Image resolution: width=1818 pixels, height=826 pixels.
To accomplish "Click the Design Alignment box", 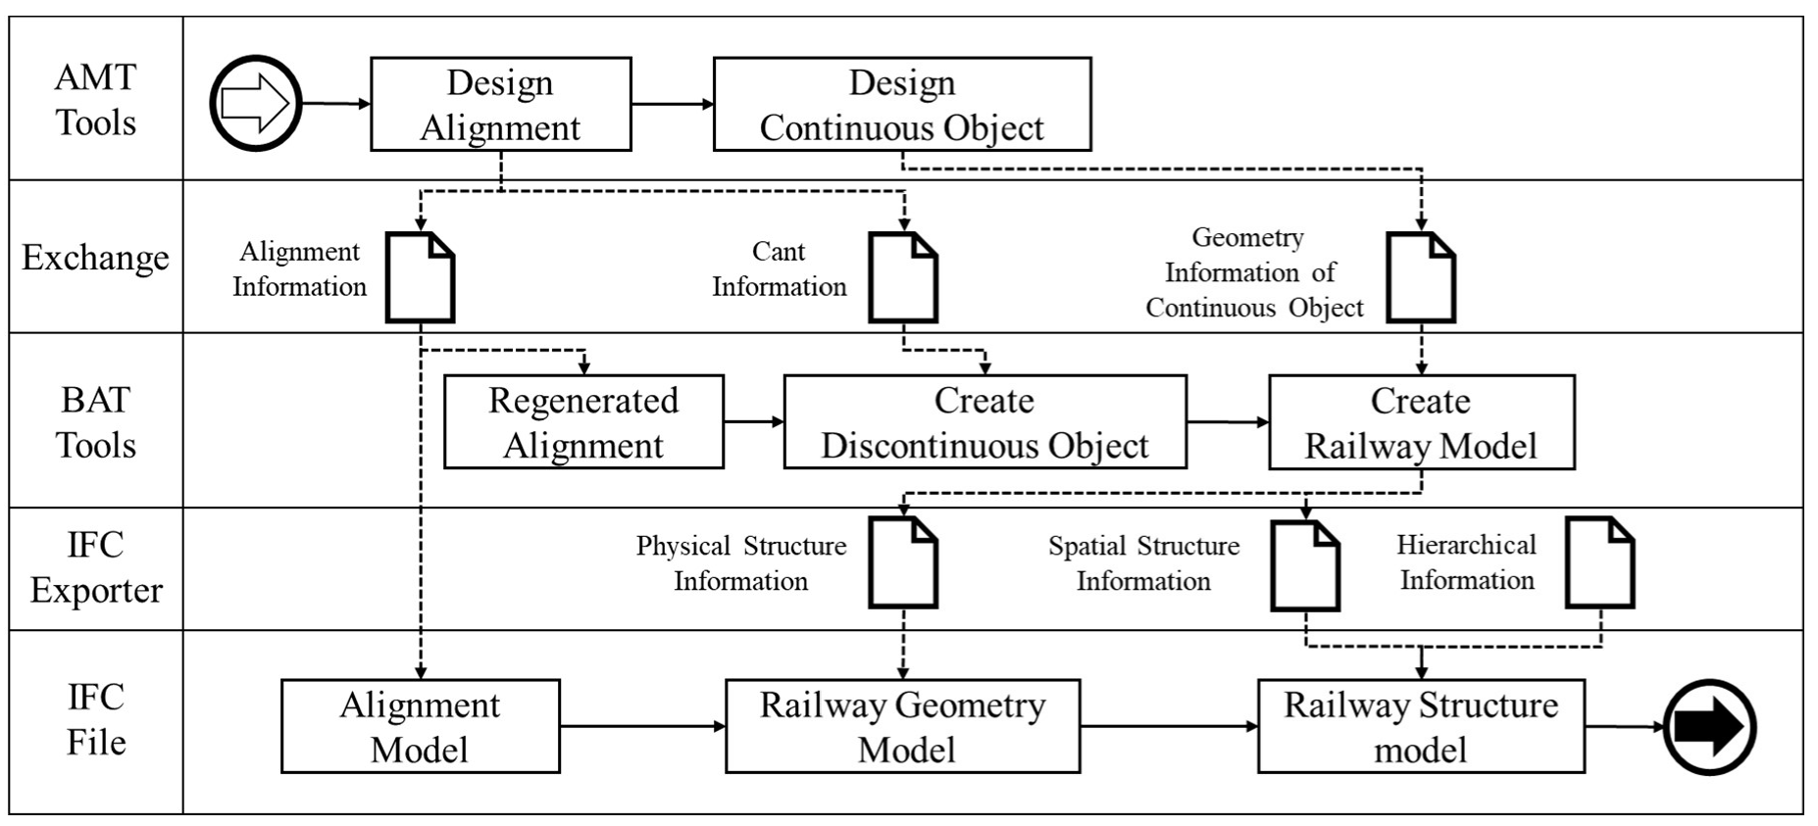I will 500,105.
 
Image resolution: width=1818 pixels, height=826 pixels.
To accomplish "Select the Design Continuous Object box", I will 901,105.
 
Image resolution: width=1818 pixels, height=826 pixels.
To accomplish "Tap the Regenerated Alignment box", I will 583,422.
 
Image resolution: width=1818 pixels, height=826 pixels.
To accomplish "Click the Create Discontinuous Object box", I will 984,422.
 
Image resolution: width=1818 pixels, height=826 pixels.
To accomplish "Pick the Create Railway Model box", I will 1421,422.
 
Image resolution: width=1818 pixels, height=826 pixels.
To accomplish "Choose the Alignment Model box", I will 420,727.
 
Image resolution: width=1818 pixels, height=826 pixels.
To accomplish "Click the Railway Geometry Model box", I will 902,727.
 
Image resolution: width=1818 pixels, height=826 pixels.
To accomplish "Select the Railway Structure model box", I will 1421,727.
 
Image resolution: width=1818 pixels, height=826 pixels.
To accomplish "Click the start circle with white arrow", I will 256,104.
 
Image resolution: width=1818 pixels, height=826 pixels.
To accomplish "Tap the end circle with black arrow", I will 1709,727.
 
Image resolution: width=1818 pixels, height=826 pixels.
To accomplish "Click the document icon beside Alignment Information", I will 420,277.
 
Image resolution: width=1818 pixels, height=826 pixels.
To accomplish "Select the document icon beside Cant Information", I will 903,277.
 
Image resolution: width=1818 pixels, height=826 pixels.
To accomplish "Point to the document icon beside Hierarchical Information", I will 1600,563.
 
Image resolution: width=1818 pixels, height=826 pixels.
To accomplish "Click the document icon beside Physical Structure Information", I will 903,563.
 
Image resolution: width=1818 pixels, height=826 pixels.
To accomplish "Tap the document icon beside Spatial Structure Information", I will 1305,565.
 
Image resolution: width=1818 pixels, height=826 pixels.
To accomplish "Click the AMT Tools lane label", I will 95,100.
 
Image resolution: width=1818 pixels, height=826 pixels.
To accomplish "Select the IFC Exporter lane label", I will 95,568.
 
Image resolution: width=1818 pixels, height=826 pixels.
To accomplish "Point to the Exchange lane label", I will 95,258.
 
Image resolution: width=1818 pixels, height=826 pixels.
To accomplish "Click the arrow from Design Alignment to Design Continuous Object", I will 673,104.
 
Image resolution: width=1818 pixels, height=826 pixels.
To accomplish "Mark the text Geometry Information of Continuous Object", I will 1253,273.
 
